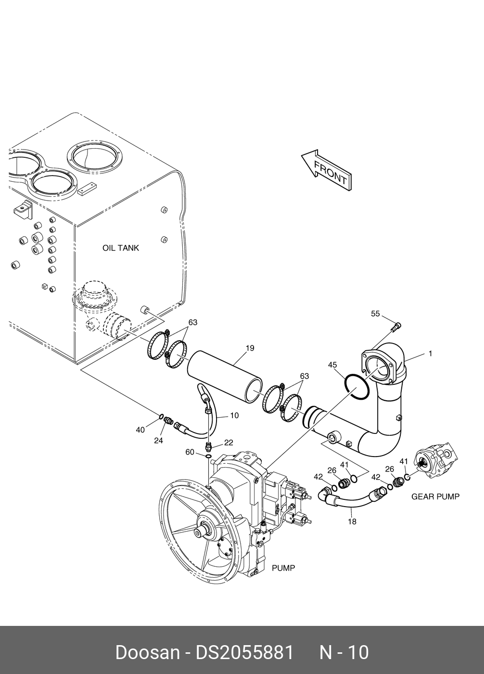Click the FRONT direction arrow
pos(327,170)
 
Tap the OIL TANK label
pos(121,248)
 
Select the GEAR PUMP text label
pos(435,496)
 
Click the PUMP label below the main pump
pos(283,568)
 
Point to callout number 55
pos(375,314)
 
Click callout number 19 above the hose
pos(250,348)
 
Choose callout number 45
pos(332,365)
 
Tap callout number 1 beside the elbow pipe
pos(431,354)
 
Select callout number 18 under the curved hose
pos(352,521)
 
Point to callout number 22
pos(229,442)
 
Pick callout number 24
pos(158,441)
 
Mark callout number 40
pos(140,430)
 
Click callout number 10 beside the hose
pos(234,416)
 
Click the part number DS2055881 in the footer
pos(244,650)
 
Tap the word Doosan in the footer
pos(148,650)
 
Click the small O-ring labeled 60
pos(208,457)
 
